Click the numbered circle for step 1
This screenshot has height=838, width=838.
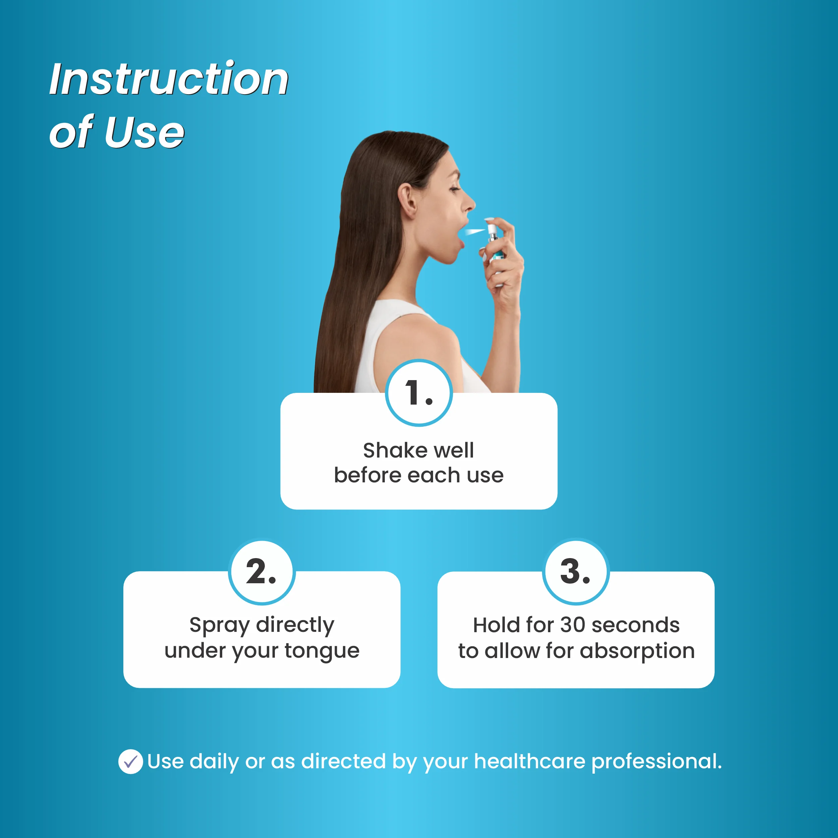click(419, 393)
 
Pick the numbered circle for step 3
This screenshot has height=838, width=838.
click(576, 571)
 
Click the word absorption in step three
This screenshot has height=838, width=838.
click(637, 651)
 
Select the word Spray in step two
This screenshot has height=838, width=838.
click(220, 626)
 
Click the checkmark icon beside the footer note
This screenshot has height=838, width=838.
click(130, 761)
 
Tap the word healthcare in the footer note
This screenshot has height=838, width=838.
click(530, 761)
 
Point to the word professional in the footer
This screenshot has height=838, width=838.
click(656, 762)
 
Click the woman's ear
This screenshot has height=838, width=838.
click(407, 201)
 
